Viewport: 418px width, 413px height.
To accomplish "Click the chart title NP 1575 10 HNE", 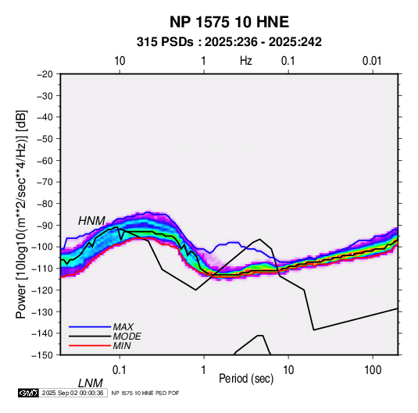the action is (x=229, y=22).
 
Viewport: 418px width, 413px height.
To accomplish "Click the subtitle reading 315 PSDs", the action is (x=165, y=42).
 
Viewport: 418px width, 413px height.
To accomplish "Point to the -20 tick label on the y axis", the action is (x=45, y=74).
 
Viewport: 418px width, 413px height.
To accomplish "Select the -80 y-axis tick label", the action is (x=45, y=204).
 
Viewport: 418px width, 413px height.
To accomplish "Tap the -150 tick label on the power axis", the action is (x=43, y=355).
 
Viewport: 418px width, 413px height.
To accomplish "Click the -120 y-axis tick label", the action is (x=43, y=290).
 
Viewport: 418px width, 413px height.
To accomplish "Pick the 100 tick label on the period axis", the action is (x=373, y=370).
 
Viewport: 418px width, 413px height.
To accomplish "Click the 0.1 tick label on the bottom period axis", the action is (x=120, y=370).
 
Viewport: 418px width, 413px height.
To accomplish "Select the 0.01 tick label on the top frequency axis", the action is (x=372, y=61).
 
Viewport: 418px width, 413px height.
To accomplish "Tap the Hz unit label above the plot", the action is (x=246, y=61).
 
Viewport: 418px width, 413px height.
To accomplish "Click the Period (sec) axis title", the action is (x=246, y=379).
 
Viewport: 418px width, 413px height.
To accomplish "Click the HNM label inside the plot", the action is (x=91, y=221).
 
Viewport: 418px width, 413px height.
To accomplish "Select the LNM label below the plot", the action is (x=91, y=383).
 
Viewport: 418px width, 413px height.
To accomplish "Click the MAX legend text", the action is (x=123, y=327).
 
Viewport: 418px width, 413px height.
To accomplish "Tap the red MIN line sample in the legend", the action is (x=90, y=346).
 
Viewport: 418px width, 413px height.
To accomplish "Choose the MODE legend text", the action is (x=127, y=336).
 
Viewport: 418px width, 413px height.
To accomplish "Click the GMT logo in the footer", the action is (x=29, y=393).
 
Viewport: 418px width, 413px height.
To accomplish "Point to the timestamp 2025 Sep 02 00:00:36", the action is (x=73, y=393).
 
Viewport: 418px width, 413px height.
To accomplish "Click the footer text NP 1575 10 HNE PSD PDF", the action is (x=145, y=393).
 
